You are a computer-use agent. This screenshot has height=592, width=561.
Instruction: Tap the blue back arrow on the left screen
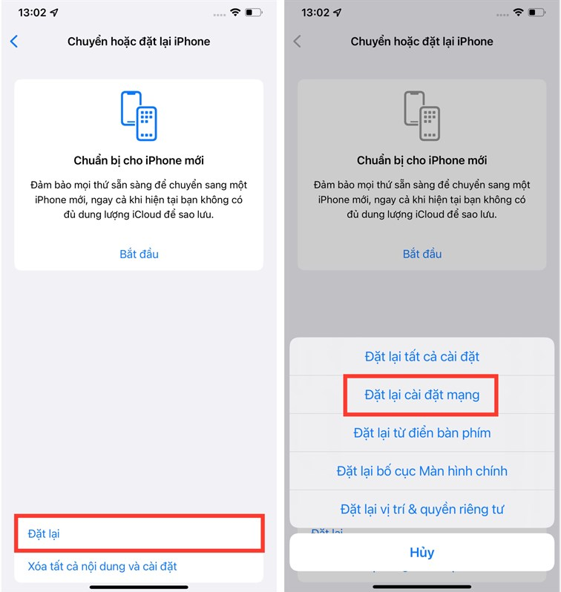click(14, 41)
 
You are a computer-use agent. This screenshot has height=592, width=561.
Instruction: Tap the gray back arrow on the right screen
click(298, 41)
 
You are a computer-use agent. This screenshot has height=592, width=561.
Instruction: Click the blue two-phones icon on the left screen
click(139, 116)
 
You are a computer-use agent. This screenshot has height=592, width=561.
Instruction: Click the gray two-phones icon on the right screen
click(422, 116)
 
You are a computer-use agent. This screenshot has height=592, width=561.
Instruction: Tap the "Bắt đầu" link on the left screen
click(139, 254)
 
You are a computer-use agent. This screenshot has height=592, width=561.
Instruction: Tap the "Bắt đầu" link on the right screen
click(422, 254)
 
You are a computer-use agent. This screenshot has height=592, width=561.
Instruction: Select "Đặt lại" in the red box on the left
click(44, 533)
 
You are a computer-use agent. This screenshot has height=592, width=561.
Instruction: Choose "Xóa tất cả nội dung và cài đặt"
click(102, 566)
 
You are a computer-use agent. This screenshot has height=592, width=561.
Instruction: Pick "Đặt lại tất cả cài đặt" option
click(422, 356)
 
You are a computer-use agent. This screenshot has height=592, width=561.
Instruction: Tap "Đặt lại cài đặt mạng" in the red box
click(422, 395)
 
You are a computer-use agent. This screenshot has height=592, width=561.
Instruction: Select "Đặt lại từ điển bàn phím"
click(422, 433)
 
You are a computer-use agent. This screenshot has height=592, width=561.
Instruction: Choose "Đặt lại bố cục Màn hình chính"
click(422, 471)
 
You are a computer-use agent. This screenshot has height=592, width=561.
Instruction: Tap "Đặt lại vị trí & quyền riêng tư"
click(422, 510)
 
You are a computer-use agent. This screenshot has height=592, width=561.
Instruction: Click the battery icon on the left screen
click(254, 13)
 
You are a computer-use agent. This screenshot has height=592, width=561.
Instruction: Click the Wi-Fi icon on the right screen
click(518, 12)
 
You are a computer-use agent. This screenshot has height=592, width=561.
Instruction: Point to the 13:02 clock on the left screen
click(32, 13)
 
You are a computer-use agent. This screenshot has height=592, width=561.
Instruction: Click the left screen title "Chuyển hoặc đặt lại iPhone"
click(139, 42)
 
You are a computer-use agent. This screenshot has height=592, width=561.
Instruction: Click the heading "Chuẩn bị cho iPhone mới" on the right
click(422, 160)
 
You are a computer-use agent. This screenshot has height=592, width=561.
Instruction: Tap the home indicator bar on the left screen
click(139, 587)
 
